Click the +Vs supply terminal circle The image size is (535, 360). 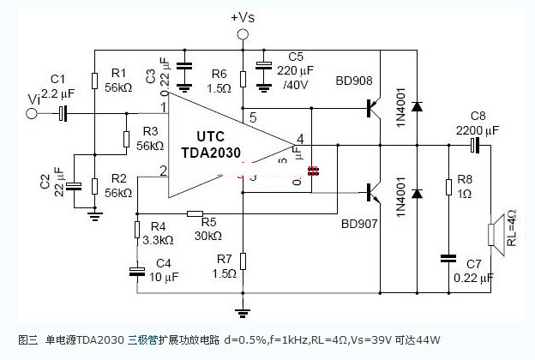[243, 34]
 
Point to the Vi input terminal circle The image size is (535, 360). [32, 112]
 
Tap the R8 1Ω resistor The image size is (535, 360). [448, 187]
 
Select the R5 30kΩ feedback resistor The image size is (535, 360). [194, 213]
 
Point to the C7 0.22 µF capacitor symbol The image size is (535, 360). [448, 256]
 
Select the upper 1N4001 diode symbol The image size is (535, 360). [417, 107]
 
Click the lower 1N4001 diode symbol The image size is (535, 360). [417, 192]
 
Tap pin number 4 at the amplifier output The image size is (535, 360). [300, 138]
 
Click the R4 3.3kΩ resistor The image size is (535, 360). [135, 231]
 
